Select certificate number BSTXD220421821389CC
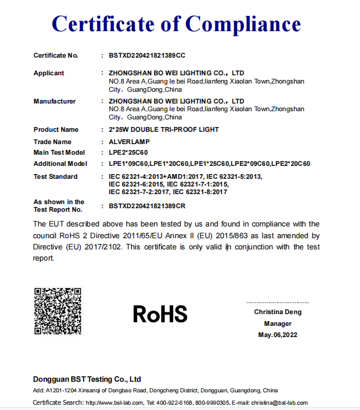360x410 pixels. [147, 55]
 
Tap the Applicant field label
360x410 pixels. [49, 73]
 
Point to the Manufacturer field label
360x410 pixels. [55, 101]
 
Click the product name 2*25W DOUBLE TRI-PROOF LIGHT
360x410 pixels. [164, 129]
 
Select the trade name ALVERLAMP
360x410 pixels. [129, 142]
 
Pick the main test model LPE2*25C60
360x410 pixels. [128, 153]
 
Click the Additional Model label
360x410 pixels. [61, 164]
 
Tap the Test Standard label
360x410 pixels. [55, 176]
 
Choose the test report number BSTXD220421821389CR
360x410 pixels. [147, 206]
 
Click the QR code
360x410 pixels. [58, 311]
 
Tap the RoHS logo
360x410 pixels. [160, 314]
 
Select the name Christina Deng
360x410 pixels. [278, 312]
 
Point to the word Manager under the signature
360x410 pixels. [278, 324]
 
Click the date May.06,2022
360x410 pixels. [278, 335]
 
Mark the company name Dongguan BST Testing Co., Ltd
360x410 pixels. [87, 379]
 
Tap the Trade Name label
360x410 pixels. [52, 142]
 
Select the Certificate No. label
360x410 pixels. [56, 55]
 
